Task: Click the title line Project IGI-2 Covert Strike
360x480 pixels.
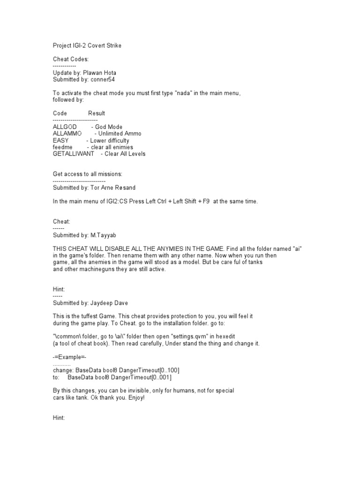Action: click(x=89, y=45)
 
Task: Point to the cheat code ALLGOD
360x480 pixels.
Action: click(x=65, y=127)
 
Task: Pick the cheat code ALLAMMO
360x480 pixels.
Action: click(x=67, y=134)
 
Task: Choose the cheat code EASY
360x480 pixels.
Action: click(x=61, y=141)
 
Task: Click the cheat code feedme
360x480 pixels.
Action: click(x=63, y=147)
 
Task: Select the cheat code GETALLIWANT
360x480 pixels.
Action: click(x=74, y=154)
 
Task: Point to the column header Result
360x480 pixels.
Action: click(x=97, y=113)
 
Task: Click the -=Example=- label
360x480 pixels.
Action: click(x=69, y=357)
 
